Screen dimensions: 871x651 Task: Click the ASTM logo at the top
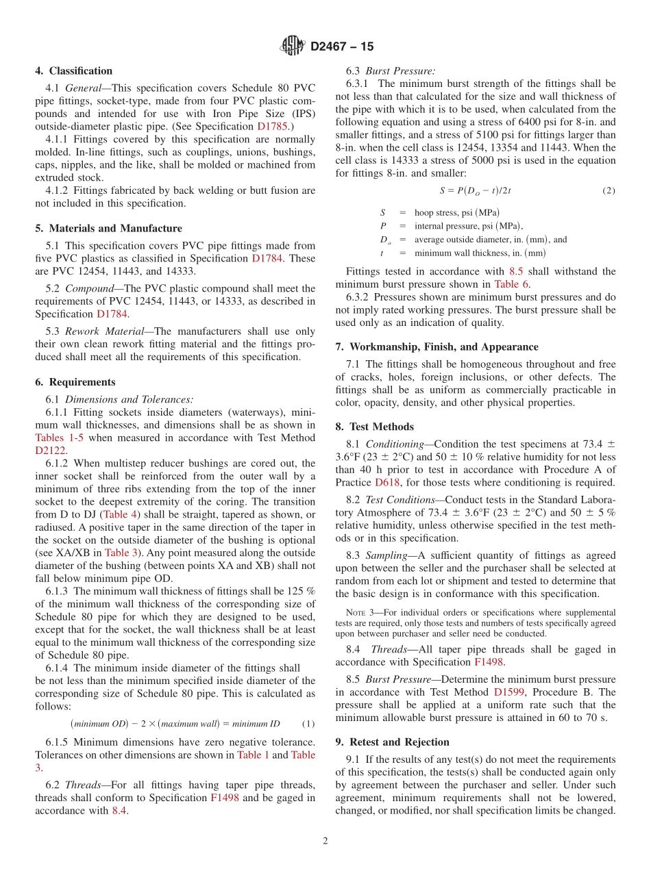(x=293, y=46)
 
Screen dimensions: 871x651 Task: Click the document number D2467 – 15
(x=342, y=47)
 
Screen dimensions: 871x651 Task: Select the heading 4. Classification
(x=74, y=71)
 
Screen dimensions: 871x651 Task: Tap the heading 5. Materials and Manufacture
(x=108, y=228)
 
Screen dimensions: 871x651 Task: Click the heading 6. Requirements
(x=75, y=382)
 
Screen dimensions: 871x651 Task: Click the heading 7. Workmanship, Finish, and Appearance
(x=437, y=346)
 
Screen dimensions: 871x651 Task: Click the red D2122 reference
(x=50, y=451)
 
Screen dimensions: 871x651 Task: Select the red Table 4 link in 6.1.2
(x=120, y=514)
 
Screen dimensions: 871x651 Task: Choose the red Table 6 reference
(x=511, y=284)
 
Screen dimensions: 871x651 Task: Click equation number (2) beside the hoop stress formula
(x=609, y=191)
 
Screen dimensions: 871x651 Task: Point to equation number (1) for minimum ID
(x=308, y=724)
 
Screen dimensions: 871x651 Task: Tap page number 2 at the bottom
(x=325, y=842)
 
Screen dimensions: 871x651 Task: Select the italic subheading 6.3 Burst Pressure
(x=391, y=71)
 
